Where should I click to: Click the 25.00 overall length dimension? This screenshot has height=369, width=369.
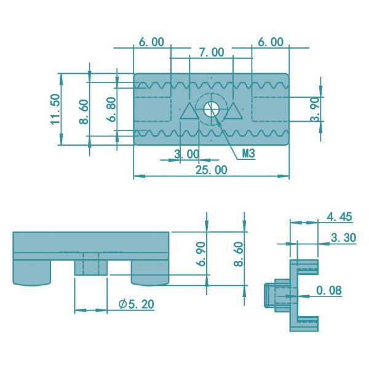pyautogui.click(x=212, y=170)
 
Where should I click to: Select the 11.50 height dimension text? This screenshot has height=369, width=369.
pyautogui.click(x=55, y=109)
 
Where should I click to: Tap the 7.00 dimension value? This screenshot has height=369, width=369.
pyautogui.click(x=212, y=52)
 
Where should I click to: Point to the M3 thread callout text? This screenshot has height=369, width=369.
pyautogui.click(x=248, y=153)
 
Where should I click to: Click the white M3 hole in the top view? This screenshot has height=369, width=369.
pyautogui.click(x=211, y=109)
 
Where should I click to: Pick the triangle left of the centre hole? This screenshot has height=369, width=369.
pyautogui.click(x=189, y=111)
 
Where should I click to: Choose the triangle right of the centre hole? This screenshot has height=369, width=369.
pyautogui.click(x=233, y=111)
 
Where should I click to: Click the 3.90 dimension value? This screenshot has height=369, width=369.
pyautogui.click(x=315, y=109)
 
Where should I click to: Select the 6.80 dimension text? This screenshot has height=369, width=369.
pyautogui.click(x=111, y=109)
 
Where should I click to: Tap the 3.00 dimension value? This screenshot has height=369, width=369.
pyautogui.click(x=187, y=154)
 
